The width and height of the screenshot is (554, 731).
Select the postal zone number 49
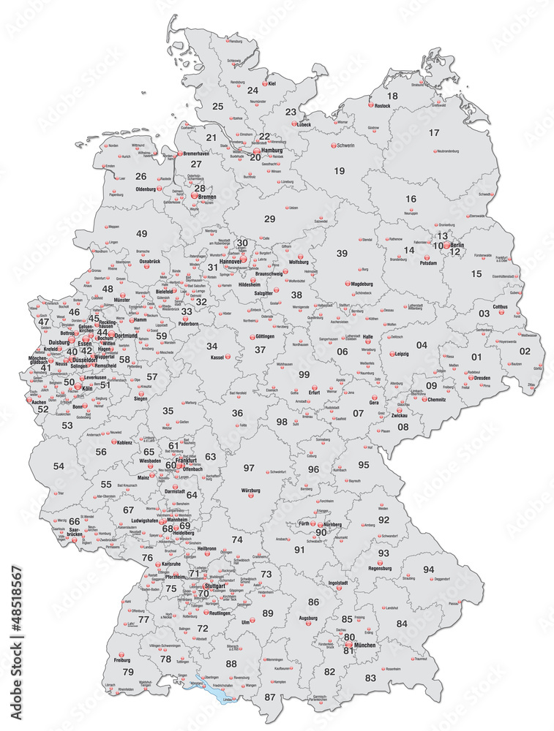(x=141, y=234)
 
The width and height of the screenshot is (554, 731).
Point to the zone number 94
(x=428, y=569)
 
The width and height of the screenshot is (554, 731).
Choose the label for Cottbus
(x=500, y=307)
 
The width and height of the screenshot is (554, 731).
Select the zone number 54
(x=59, y=466)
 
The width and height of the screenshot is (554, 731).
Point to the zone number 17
(x=434, y=132)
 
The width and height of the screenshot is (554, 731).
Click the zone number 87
(x=271, y=697)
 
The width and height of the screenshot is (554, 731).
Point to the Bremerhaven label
(x=201, y=154)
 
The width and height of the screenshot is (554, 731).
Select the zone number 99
(x=304, y=374)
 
